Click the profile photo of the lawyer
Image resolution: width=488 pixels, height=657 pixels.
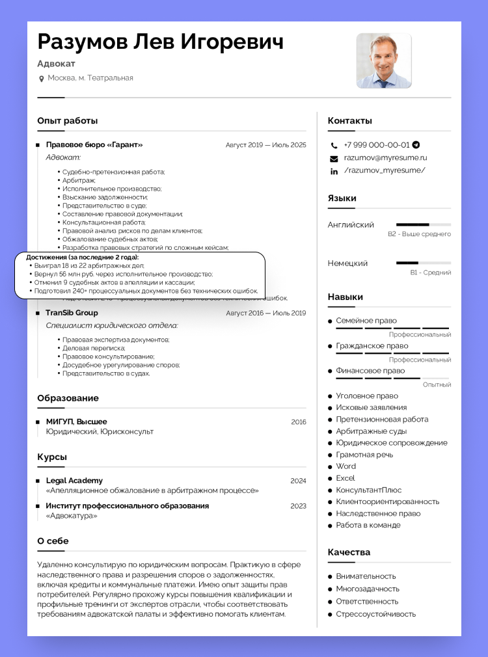[x=384, y=60]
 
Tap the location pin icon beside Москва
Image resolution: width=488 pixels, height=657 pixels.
[x=42, y=79]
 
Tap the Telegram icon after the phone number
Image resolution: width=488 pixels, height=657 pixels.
[x=416, y=145]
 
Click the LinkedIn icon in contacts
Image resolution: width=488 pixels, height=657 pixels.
[x=334, y=171]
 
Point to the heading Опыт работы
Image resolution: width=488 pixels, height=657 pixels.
[x=68, y=121]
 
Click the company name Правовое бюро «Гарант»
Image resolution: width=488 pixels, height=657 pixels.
[x=94, y=145]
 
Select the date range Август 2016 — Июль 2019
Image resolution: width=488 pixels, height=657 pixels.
[x=265, y=313]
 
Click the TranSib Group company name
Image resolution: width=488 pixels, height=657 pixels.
[x=72, y=313]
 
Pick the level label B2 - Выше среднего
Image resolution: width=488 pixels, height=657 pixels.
[x=419, y=234]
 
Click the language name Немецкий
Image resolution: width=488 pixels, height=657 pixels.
[x=347, y=263]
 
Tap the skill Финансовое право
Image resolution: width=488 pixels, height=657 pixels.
[x=370, y=371]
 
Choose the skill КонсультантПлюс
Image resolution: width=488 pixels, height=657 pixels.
[x=368, y=490]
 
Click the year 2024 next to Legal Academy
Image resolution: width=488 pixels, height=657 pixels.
[x=298, y=481]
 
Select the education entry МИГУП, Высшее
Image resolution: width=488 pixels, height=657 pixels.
[x=76, y=422]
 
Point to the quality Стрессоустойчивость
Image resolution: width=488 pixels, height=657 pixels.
[x=375, y=614]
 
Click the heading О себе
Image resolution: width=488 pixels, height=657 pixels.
[x=53, y=541]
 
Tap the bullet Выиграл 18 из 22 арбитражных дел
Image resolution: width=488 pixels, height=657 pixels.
[x=89, y=265]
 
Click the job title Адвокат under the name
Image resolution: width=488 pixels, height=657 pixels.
[x=57, y=64]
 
